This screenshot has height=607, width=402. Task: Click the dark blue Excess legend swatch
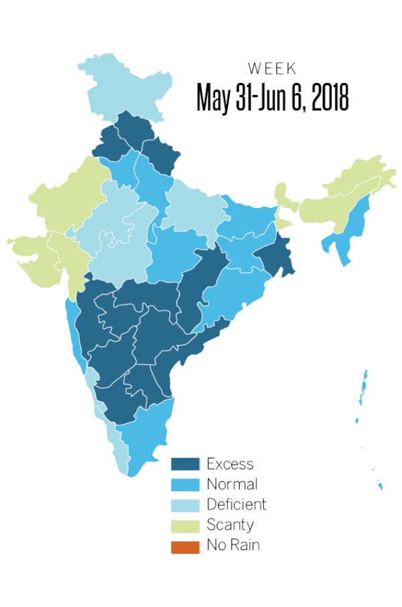coord(186,464)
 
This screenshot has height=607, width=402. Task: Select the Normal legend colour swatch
coord(186,485)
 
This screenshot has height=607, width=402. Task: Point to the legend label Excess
coord(230,464)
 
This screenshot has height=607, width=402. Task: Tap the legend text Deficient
coord(236,505)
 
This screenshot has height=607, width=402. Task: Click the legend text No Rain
coord(232,545)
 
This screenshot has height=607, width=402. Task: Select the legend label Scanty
coord(230,525)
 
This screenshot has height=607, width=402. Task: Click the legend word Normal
coord(232,485)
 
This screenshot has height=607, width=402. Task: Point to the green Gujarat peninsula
coord(33,258)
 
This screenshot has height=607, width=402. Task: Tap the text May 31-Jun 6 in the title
coord(245,98)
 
